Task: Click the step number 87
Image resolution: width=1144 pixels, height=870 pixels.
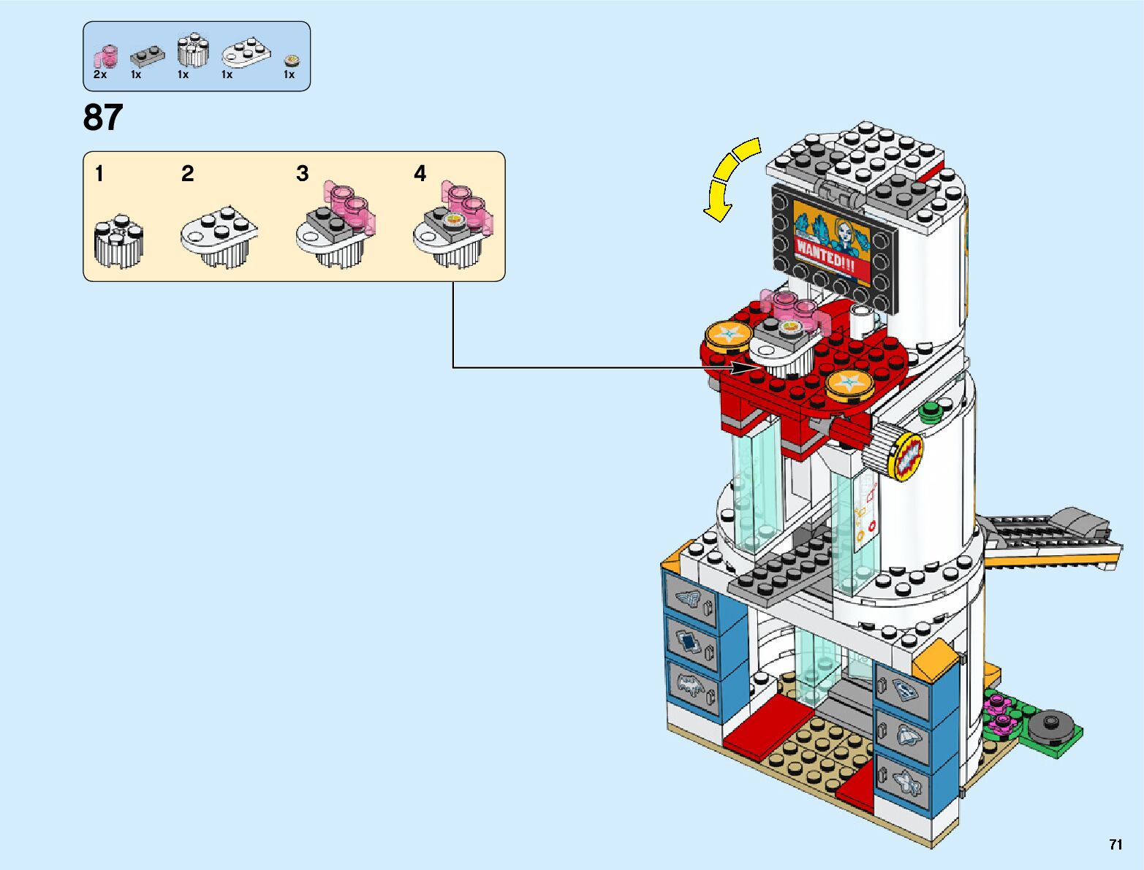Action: [x=103, y=118]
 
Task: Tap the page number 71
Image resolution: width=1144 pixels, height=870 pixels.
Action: [x=1115, y=845]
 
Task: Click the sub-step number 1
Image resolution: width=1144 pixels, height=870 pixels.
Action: [x=99, y=174]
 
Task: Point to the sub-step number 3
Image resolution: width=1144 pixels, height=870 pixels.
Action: [x=303, y=174]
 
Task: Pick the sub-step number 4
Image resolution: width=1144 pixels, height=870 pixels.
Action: [x=420, y=174]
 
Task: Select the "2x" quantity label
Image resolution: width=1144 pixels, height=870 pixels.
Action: [x=100, y=75]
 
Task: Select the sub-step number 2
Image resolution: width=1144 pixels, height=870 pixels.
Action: [x=188, y=174]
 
